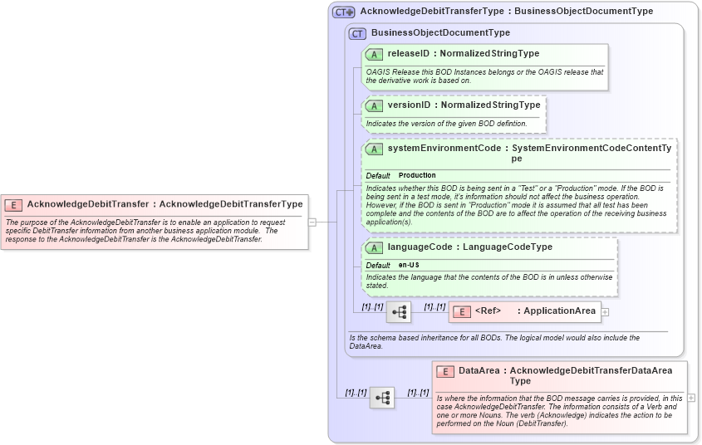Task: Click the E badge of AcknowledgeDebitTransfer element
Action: tap(13, 204)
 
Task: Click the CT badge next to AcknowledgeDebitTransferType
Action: tap(343, 12)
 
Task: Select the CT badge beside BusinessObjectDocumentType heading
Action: tap(357, 33)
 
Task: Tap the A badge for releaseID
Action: tap(374, 54)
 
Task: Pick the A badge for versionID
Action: tap(374, 105)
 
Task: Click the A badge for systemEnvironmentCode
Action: tap(374, 149)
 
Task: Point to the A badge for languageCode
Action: tap(374, 247)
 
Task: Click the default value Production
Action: tap(417, 176)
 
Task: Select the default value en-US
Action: tap(409, 265)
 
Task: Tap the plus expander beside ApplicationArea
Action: tap(605, 312)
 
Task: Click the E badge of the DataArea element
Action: tap(445, 371)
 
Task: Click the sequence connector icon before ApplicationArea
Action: tap(399, 312)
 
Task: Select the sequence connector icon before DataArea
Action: tap(382, 398)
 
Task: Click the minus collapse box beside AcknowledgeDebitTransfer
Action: tap(312, 222)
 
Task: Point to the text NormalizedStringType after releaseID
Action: tap(489, 54)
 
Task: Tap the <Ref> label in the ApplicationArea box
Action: tap(488, 311)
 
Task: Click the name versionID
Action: tap(409, 105)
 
